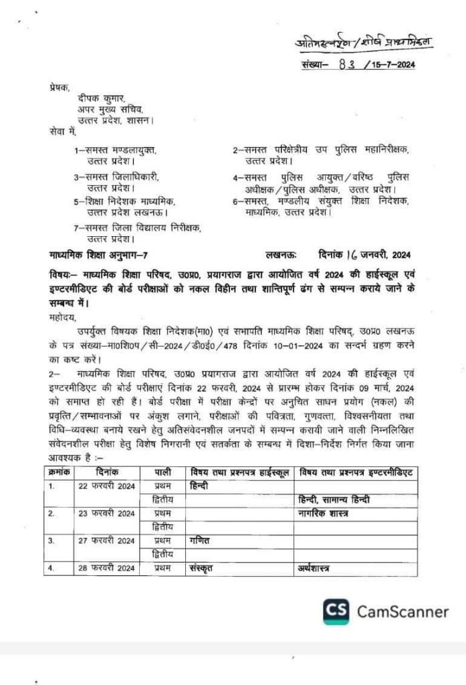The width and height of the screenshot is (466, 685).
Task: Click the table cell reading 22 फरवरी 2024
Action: point(106,486)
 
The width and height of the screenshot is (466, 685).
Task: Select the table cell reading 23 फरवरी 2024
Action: point(106,513)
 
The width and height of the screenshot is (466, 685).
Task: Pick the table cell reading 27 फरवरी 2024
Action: point(106,541)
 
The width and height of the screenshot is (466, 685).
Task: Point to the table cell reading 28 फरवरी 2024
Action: point(106,568)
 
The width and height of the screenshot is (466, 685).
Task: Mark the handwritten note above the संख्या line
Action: point(364,42)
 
